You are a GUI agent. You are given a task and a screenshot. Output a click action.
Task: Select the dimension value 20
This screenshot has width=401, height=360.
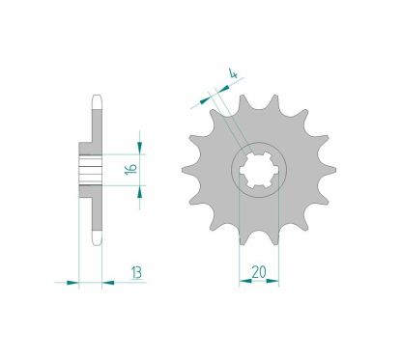[258, 272]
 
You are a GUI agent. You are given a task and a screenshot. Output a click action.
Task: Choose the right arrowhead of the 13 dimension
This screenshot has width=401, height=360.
[107, 283]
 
